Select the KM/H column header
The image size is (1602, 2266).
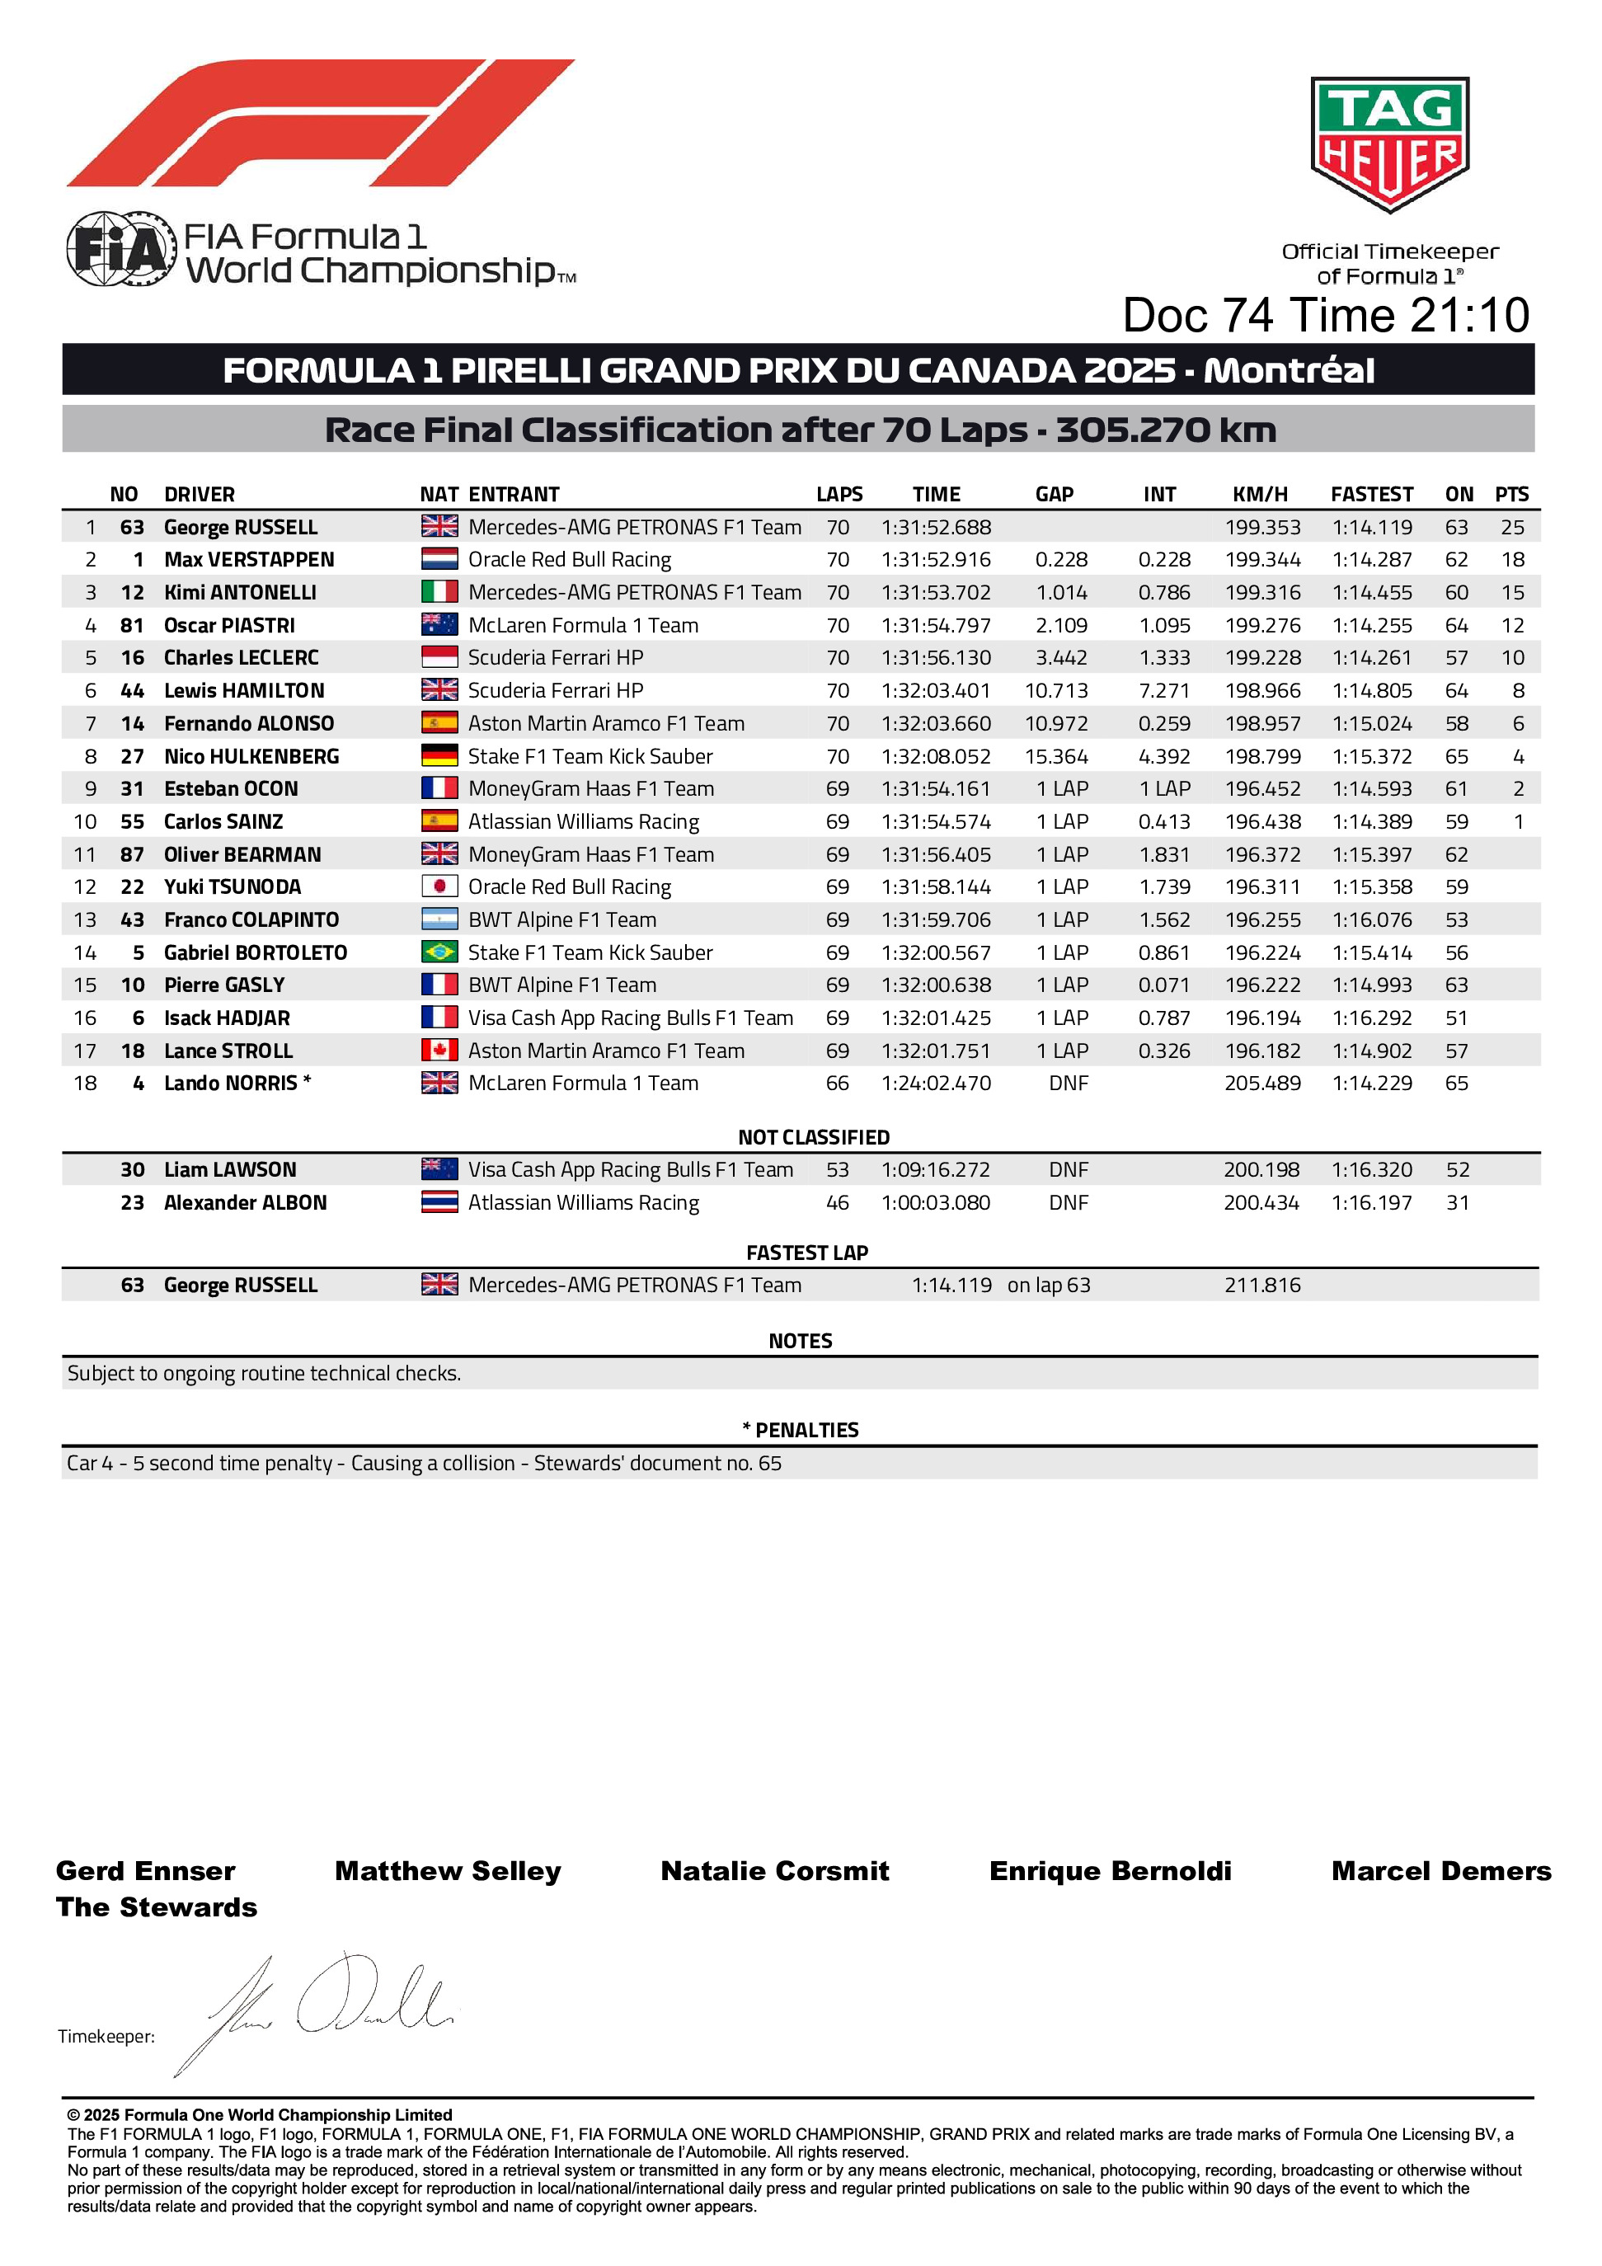(x=1260, y=495)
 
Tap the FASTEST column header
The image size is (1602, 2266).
(x=1371, y=495)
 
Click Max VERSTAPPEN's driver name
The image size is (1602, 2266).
(x=249, y=560)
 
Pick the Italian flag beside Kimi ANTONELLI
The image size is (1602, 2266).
(x=439, y=592)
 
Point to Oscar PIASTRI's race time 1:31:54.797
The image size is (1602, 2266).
(x=936, y=626)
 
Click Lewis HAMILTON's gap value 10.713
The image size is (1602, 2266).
(x=1056, y=691)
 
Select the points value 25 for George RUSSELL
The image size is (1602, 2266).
(x=1512, y=527)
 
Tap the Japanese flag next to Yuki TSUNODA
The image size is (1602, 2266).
(x=439, y=887)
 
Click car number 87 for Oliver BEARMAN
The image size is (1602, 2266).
(x=132, y=854)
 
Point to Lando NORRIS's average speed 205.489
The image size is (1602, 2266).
(x=1262, y=1084)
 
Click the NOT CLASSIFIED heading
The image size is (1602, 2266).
(x=813, y=1137)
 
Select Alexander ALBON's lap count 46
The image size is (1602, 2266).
(x=837, y=1203)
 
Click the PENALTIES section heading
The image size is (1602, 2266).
(x=801, y=1430)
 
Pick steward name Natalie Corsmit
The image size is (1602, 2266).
(x=775, y=1871)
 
